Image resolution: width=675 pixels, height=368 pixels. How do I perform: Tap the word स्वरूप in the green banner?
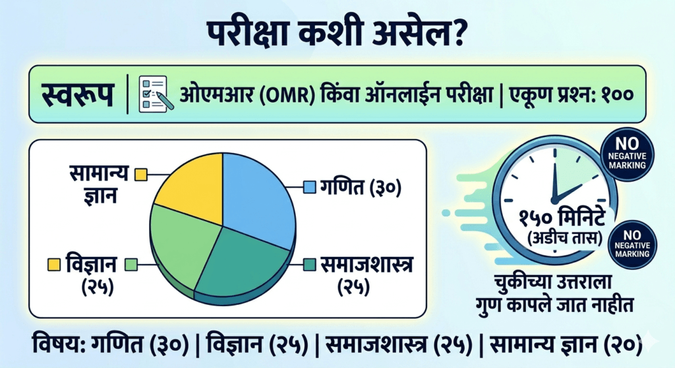[x=78, y=94]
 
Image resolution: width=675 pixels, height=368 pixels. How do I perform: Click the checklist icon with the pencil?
[x=156, y=94]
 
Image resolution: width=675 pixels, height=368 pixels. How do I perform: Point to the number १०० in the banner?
[x=617, y=95]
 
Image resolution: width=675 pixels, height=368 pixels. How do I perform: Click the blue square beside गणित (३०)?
[x=310, y=187]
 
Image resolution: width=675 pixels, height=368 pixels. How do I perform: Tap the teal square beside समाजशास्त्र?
[x=310, y=265]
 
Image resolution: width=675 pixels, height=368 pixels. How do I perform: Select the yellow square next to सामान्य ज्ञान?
[x=141, y=175]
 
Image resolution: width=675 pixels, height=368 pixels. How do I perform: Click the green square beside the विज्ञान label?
[x=131, y=265]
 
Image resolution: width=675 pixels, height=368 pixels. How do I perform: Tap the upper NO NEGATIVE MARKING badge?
[x=628, y=154]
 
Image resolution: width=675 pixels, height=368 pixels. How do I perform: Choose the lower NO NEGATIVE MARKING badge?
[x=632, y=245]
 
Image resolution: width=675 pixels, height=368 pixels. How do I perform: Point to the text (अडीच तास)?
[x=564, y=238]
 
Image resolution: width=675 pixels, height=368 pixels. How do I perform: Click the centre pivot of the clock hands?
[x=555, y=199]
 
